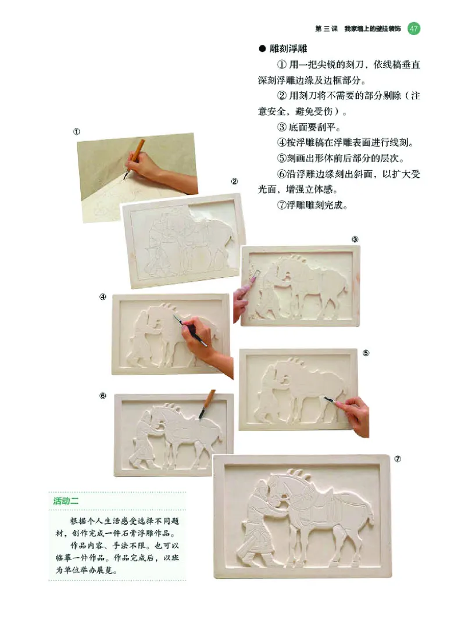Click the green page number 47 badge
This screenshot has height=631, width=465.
click(413, 28)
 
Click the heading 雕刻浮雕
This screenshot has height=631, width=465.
click(287, 49)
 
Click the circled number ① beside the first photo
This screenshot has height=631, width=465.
click(76, 131)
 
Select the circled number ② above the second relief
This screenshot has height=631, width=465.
click(234, 181)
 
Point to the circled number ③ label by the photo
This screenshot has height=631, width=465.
click(355, 239)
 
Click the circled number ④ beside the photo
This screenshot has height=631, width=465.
click(102, 296)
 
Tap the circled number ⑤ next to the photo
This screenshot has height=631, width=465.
click(366, 353)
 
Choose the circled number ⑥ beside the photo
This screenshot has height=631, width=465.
click(102, 396)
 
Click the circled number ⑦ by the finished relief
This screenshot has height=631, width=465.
click(398, 458)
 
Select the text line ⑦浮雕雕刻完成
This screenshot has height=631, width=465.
click(312, 205)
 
